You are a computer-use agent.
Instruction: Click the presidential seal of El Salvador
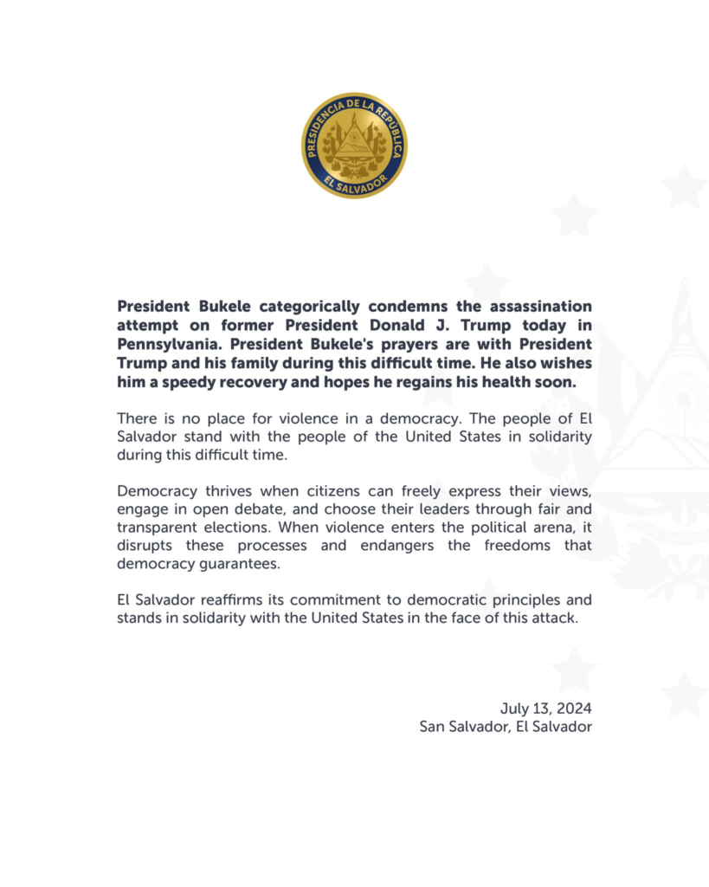pos(354,145)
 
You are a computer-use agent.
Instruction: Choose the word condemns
pos(410,307)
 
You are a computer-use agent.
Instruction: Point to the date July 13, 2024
pos(545,708)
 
